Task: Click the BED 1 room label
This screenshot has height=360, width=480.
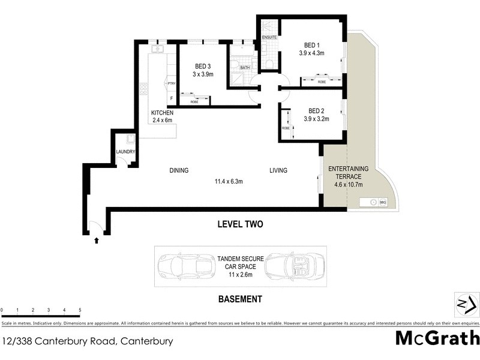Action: pyautogui.click(x=311, y=44)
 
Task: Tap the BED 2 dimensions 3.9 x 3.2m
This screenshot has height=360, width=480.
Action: pyautogui.click(x=311, y=119)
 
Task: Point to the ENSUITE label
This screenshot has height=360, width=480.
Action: pyautogui.click(x=269, y=37)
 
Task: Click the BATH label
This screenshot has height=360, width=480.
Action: pyautogui.click(x=244, y=68)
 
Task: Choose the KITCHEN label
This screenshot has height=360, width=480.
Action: pyautogui.click(x=162, y=113)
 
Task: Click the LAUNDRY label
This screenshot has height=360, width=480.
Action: pyautogui.click(x=125, y=152)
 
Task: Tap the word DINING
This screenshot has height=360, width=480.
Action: pyautogui.click(x=178, y=170)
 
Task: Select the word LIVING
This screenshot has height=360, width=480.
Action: pyautogui.click(x=278, y=170)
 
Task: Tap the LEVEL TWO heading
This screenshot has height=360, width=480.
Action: pyautogui.click(x=240, y=224)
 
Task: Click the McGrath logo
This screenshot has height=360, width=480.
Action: pyautogui.click(x=437, y=338)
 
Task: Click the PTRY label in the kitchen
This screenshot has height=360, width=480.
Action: pyautogui.click(x=171, y=83)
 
